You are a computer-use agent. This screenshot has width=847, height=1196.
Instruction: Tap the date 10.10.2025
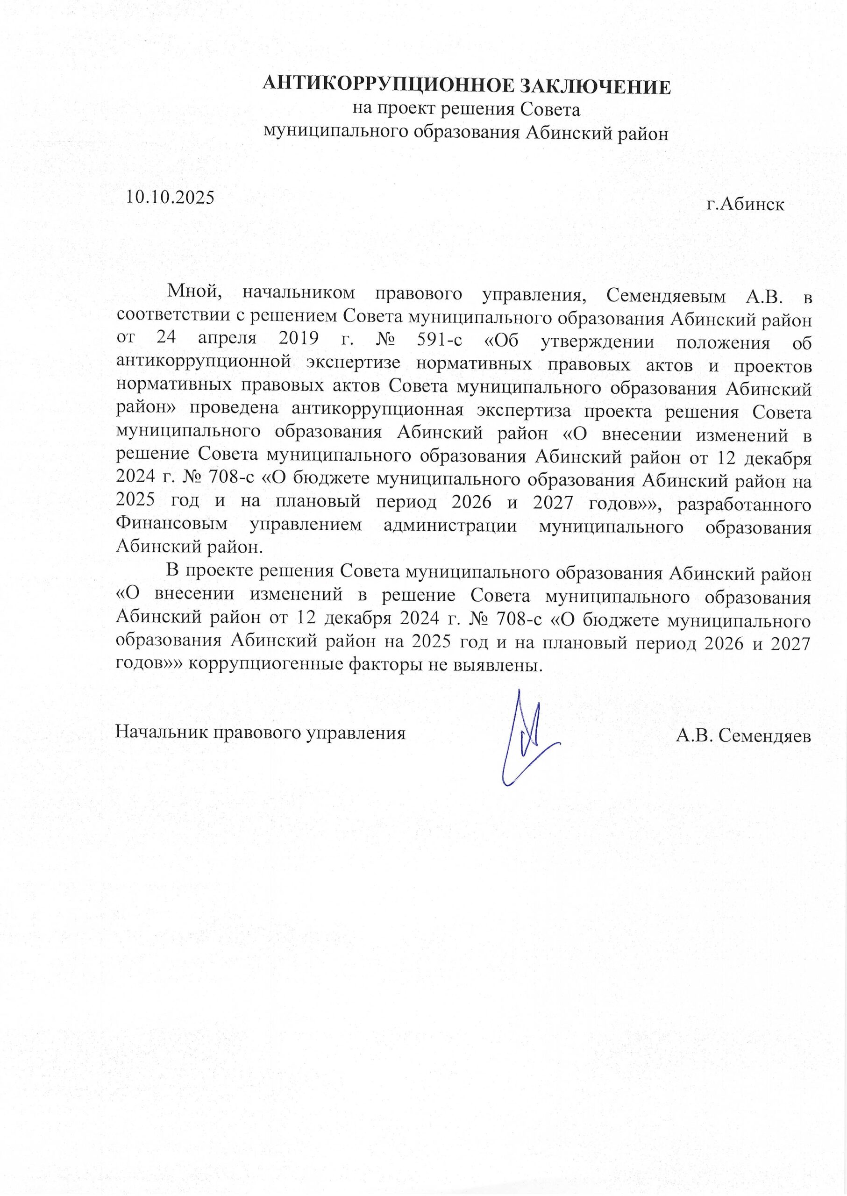click(x=171, y=197)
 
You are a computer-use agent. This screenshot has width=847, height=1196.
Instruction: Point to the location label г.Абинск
click(x=745, y=204)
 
